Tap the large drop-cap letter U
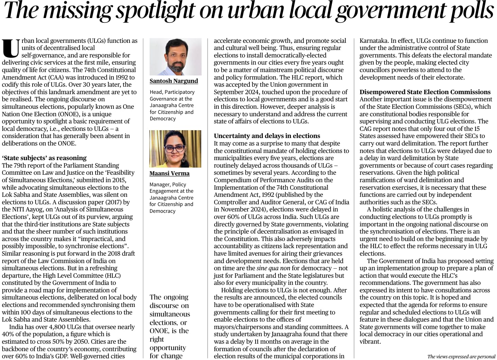[11, 49]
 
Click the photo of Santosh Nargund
[175, 56]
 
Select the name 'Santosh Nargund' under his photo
[174, 81]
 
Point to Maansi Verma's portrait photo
[175, 149]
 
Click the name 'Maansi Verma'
[170, 173]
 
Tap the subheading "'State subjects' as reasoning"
[44, 158]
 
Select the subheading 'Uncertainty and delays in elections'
[267, 136]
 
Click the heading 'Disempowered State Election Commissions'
[425, 92]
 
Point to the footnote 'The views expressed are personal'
[461, 357]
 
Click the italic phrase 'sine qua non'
[273, 268]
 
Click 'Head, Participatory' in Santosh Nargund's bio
[172, 92]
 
